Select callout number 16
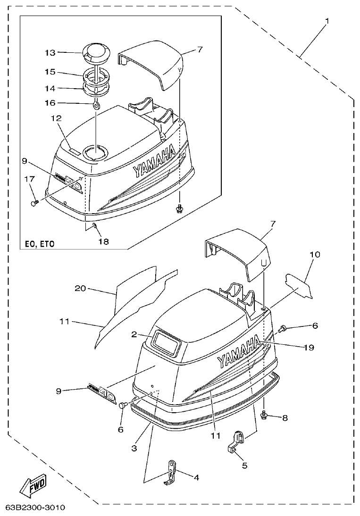(50, 102)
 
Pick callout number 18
(103, 241)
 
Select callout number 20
(80, 288)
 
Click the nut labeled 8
(264, 415)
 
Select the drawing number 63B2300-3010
(35, 508)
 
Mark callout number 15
(50, 72)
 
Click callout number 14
(50, 88)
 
